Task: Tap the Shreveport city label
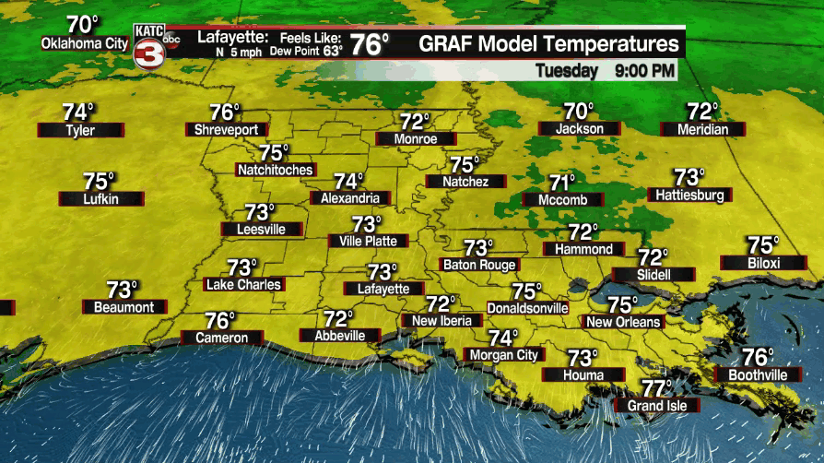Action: [227, 130]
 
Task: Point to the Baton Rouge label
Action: [479, 265]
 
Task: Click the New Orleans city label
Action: [624, 322]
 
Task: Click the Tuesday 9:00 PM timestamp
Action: [606, 70]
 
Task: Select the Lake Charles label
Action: [242, 285]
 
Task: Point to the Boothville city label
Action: [757, 375]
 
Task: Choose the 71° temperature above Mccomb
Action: [562, 182]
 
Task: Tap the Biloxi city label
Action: [763, 263]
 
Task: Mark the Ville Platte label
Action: [368, 241]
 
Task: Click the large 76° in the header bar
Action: [369, 44]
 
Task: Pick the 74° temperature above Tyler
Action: [79, 112]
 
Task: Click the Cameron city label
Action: [221, 338]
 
